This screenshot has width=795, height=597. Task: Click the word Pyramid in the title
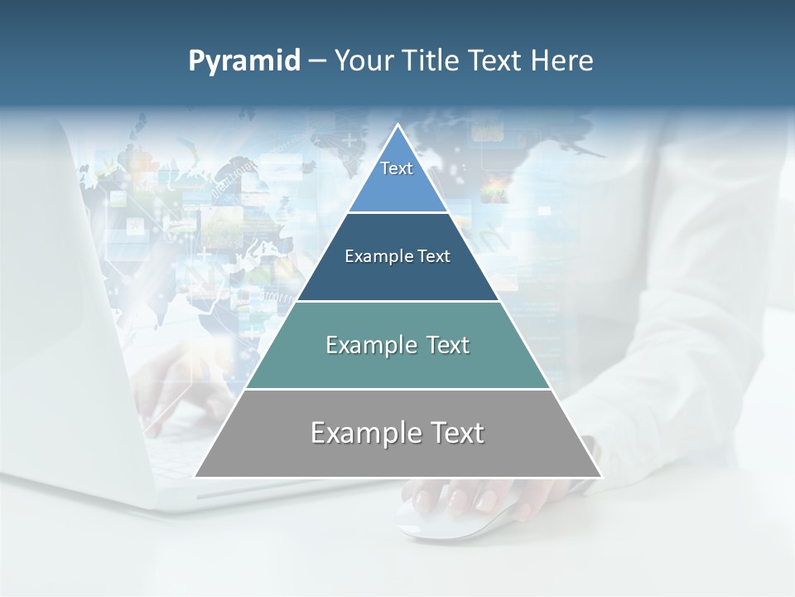click(x=243, y=61)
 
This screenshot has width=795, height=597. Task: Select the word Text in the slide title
click(x=496, y=61)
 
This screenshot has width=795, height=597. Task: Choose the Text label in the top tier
click(x=397, y=168)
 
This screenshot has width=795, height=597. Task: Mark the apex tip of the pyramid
click(x=397, y=125)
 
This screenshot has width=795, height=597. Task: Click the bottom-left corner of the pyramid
click(x=195, y=477)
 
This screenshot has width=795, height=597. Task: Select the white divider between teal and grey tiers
click(x=397, y=389)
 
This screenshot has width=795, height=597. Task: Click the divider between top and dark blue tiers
click(x=397, y=213)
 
